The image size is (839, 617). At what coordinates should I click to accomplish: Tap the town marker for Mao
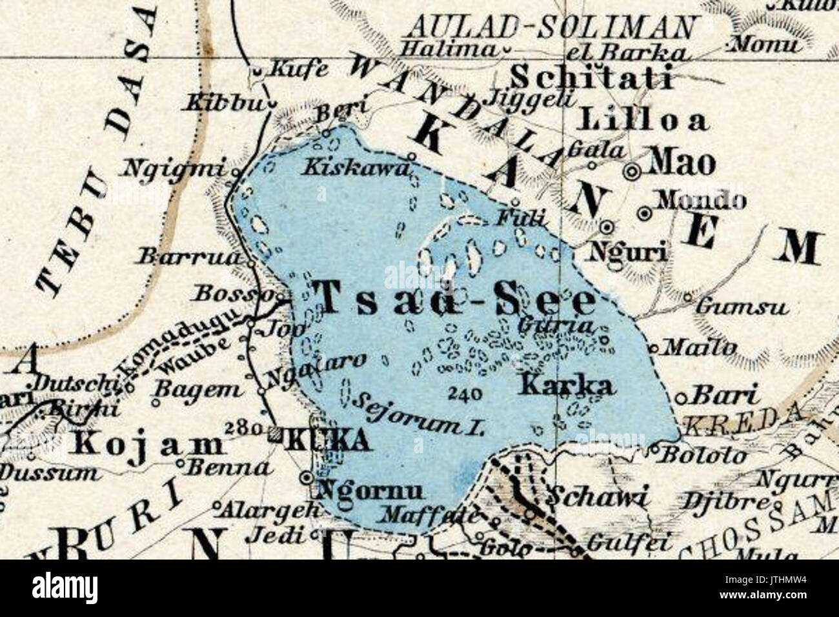click(x=632, y=171)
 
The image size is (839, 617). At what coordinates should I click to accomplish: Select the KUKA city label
click(x=328, y=441)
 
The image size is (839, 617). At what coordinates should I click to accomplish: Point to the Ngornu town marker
click(x=307, y=478)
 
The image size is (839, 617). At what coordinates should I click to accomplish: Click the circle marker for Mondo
click(x=643, y=212)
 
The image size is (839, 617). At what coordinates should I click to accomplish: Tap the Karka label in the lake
click(x=565, y=386)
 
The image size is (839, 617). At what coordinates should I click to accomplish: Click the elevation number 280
click(x=244, y=428)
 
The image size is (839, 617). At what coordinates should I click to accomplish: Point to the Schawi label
click(x=596, y=496)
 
